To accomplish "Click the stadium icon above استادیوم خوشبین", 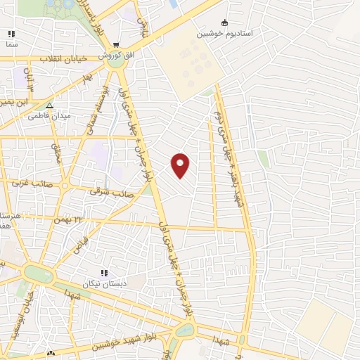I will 225,22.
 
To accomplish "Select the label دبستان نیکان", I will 103,285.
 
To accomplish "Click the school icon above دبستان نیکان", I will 103,273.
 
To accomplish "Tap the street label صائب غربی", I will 26,181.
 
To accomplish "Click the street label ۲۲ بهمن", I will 89,219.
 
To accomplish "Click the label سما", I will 11,44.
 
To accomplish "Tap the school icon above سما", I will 11,33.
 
